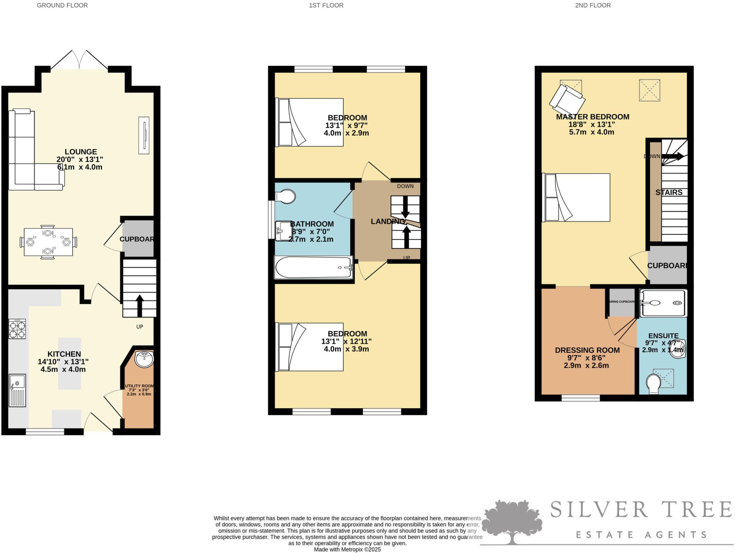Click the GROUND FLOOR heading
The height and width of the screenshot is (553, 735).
point(62,5)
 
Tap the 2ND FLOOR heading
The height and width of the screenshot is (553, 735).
point(593,5)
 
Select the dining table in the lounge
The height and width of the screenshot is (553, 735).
point(48,242)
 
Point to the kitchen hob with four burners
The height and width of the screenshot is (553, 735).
point(17,329)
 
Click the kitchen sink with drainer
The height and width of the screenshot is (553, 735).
point(17,390)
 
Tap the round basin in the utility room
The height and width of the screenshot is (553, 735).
point(144,359)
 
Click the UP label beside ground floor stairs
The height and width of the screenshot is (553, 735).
point(140,327)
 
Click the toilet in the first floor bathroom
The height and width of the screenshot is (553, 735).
point(285,197)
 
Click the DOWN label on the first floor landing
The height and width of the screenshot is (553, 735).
point(405,186)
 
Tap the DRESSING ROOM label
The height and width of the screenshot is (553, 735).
point(587,350)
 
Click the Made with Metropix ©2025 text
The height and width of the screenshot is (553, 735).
point(347,549)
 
